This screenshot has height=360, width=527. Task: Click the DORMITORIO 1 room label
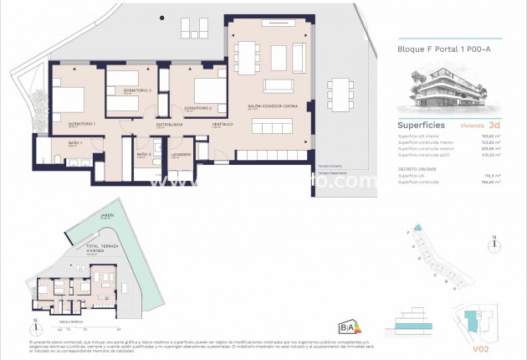pos(82,124)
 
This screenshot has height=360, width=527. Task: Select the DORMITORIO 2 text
pos(197,108)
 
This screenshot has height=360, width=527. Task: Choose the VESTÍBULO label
pos(222,124)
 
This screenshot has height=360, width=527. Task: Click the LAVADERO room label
pos(182,154)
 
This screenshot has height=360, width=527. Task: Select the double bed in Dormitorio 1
pos(69,99)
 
